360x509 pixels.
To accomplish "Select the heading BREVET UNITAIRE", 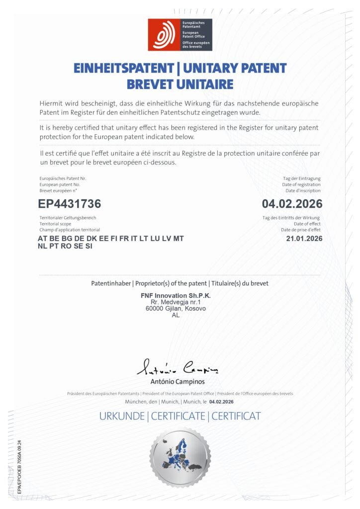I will coord(180,84).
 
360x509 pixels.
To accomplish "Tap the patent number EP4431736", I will coord(70,204).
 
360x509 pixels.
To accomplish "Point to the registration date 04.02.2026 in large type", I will coord(292,204).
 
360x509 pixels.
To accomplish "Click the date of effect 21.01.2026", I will coord(304,239).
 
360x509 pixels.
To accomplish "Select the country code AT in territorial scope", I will coord(43,239).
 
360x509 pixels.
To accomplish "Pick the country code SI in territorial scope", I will coord(89,246).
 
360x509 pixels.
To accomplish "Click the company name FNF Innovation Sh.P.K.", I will coord(176,296).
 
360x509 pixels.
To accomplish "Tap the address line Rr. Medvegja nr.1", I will coord(176,302).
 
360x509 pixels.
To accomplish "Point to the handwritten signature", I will coord(177,368).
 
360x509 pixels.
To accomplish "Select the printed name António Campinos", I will coord(177,382).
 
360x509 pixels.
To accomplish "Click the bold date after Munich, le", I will coord(222,402).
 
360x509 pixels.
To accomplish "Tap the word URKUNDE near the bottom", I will coord(121,417).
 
